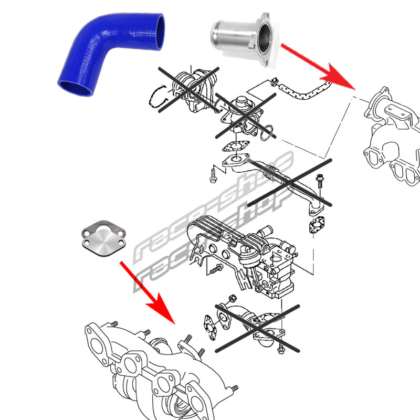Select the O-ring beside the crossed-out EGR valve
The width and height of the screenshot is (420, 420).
tap(267, 133)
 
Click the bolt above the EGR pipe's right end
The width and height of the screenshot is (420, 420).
tap(319, 181)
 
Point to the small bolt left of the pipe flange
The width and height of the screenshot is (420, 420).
tap(213, 175)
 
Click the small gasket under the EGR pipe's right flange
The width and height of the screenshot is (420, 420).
tap(316, 225)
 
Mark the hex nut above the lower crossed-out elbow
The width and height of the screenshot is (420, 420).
tap(233, 298)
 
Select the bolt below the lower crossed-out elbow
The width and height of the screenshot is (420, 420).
tap(281, 348)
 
